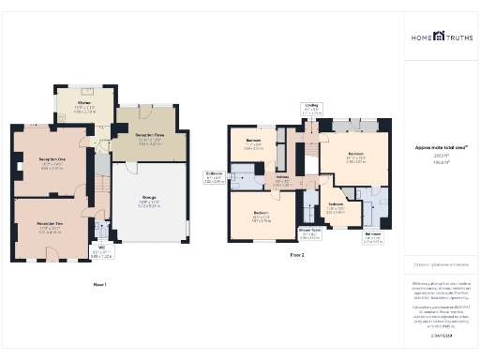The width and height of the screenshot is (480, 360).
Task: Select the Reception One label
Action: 52,160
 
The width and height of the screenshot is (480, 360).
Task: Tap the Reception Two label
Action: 50,224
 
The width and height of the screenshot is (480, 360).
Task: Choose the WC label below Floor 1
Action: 100,248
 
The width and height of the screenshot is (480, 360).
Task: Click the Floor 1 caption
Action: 99,283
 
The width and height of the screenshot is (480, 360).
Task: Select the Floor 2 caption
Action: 297,254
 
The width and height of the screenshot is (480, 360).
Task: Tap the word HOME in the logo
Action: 422,37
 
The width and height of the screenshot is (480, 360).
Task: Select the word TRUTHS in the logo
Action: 456,37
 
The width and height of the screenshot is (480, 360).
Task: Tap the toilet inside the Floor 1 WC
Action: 98,235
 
